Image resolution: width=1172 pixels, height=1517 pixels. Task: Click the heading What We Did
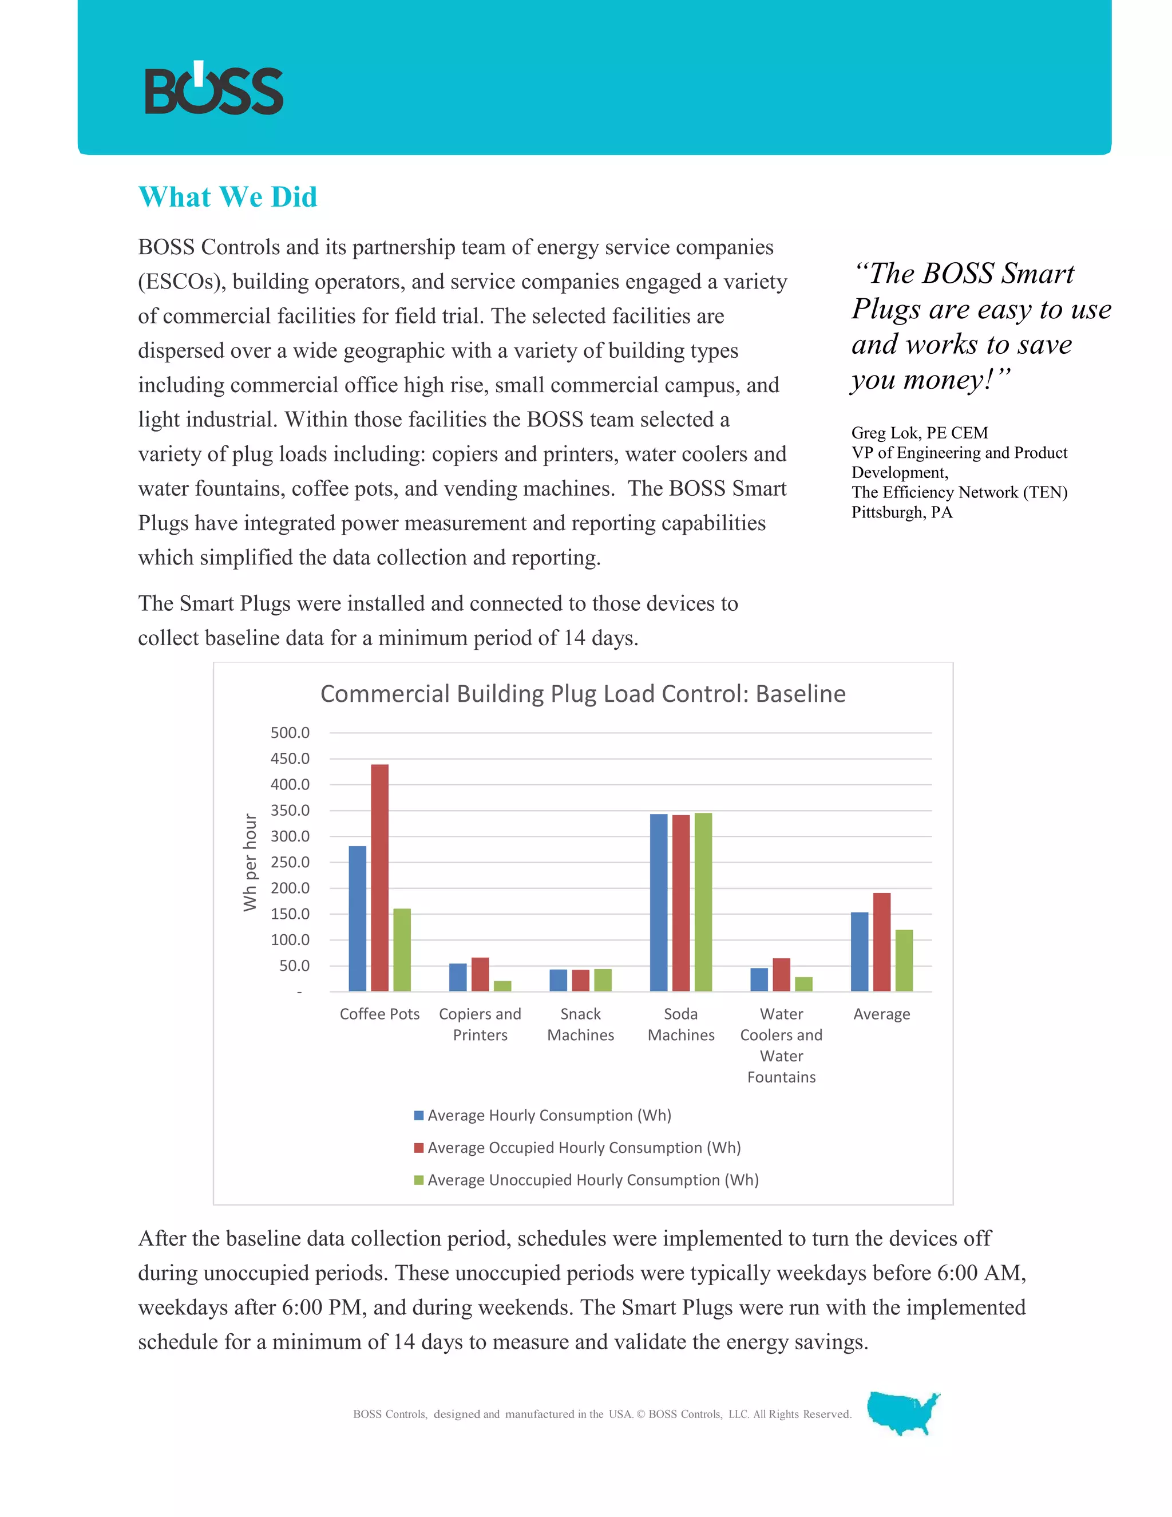pos(228,197)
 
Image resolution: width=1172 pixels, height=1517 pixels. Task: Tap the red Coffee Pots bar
pos(380,877)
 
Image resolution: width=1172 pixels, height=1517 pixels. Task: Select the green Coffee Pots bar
pos(402,950)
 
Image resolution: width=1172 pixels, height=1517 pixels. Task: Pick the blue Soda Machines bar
pos(658,902)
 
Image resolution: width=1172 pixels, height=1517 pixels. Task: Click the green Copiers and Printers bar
pos(502,986)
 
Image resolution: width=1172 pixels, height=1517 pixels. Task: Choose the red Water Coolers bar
pos(781,974)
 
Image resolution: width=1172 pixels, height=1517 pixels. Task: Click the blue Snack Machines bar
pos(558,980)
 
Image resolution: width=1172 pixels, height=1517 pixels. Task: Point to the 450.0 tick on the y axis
pos(290,758)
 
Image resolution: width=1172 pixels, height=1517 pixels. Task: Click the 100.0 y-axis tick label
pos(290,940)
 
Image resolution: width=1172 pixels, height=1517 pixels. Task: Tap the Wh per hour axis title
pos(250,862)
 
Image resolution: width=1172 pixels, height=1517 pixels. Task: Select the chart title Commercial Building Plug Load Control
pos(583,694)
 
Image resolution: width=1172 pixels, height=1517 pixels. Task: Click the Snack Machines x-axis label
pos(580,1025)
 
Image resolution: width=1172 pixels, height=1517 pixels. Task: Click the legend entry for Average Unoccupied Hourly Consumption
pos(592,1180)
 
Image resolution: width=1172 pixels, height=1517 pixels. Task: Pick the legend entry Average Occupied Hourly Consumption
pos(583,1147)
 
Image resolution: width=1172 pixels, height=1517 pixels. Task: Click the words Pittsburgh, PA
pos(901,512)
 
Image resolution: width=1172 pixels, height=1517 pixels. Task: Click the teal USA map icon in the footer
pos(902,1413)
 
